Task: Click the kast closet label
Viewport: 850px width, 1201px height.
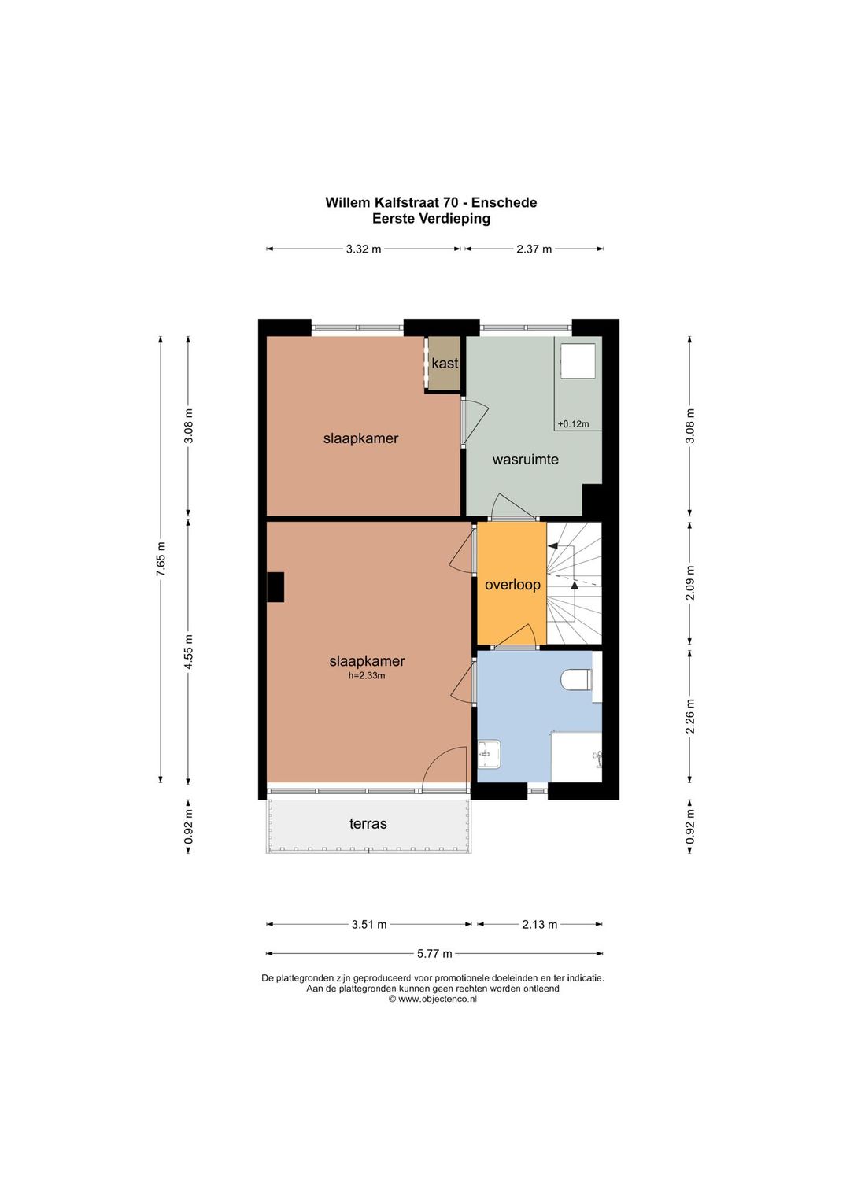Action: click(x=445, y=364)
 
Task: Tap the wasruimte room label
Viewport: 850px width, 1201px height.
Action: click(x=526, y=460)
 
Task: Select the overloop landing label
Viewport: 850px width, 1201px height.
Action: click(x=512, y=585)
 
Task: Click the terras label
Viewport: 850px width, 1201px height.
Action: click(x=368, y=823)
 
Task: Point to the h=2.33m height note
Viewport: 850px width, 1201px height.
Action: click(x=367, y=676)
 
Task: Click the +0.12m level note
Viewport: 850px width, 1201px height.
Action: click(x=573, y=424)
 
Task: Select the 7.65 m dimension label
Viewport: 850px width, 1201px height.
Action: click(x=161, y=560)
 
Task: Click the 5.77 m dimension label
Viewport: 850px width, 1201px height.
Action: click(x=434, y=954)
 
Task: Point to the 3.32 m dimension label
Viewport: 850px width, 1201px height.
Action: click(x=364, y=249)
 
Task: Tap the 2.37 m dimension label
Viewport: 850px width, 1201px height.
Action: click(x=534, y=249)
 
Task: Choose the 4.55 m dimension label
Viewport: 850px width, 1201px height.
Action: click(x=188, y=652)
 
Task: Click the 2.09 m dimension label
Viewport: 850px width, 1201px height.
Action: click(x=690, y=583)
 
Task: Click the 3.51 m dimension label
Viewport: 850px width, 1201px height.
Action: click(x=369, y=925)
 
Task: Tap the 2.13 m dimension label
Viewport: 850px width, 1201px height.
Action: click(x=539, y=925)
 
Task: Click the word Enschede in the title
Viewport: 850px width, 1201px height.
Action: click(x=504, y=203)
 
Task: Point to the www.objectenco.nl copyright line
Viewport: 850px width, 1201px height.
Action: click(x=432, y=1000)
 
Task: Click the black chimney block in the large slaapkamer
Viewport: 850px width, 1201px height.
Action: click(x=275, y=587)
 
